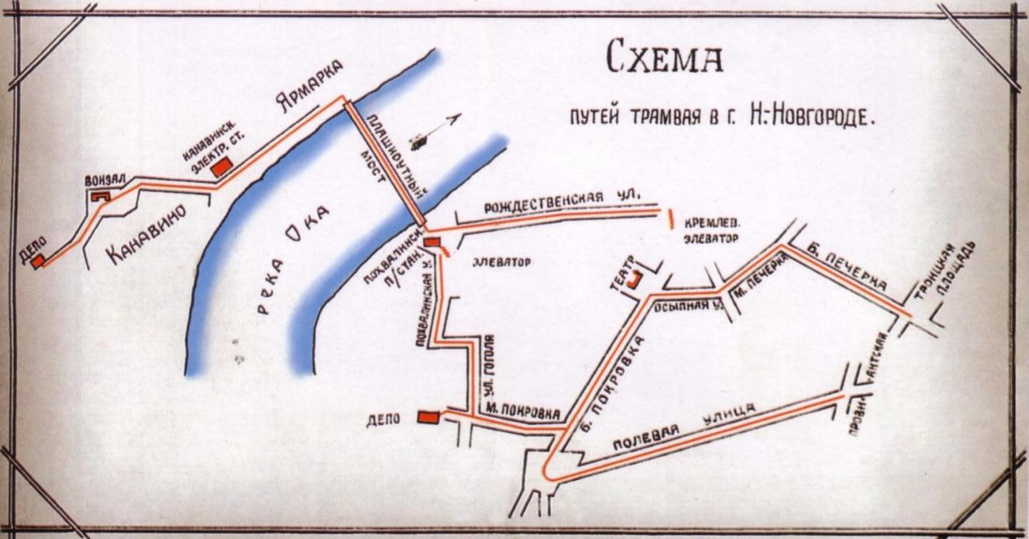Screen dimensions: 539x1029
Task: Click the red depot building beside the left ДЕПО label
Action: point(37,261)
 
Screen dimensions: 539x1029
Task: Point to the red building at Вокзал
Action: point(99,197)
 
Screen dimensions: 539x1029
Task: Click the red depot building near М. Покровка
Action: point(427,416)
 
